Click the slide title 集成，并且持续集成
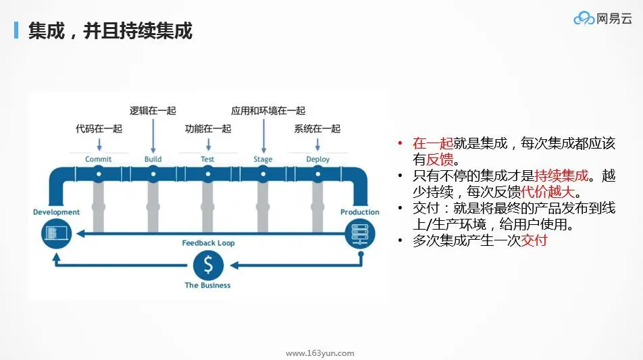[110, 31]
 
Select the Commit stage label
[99, 159]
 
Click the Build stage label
[153, 159]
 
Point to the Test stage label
[207, 159]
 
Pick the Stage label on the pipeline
[263, 159]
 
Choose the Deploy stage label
[317, 159]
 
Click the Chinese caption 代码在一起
[99, 128]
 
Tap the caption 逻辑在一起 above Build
[153, 111]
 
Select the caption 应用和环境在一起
[268, 111]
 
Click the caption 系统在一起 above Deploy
[317, 128]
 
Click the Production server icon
[359, 234]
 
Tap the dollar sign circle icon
[207, 265]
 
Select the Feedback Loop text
[208, 243]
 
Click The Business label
[207, 286]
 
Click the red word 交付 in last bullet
[534, 240]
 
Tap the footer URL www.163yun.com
[320, 353]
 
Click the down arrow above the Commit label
[99, 144]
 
